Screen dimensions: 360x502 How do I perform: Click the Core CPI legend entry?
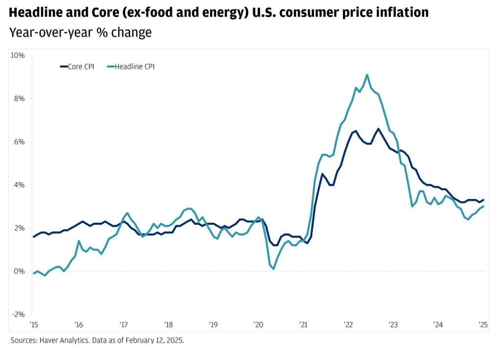click(77, 67)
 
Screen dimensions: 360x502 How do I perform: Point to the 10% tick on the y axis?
click(18, 55)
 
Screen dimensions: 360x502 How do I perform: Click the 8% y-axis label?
click(20, 98)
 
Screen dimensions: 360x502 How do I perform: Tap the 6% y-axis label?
click(20, 142)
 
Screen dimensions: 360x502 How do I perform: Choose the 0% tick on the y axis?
click(20, 271)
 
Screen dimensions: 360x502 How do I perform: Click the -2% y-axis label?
click(18, 314)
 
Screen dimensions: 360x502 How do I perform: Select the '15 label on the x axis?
click(33, 324)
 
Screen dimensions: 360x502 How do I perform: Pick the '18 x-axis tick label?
click(168, 324)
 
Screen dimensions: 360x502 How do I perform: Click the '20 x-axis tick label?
click(258, 324)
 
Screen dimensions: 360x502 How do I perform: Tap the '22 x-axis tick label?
click(348, 324)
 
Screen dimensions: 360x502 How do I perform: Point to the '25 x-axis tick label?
click(483, 324)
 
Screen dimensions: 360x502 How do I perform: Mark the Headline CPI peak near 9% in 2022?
click(367, 75)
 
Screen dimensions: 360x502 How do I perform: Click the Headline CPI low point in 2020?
click(274, 268)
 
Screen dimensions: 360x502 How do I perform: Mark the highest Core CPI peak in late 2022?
click(378, 129)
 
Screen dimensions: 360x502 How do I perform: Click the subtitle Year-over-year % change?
click(80, 33)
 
